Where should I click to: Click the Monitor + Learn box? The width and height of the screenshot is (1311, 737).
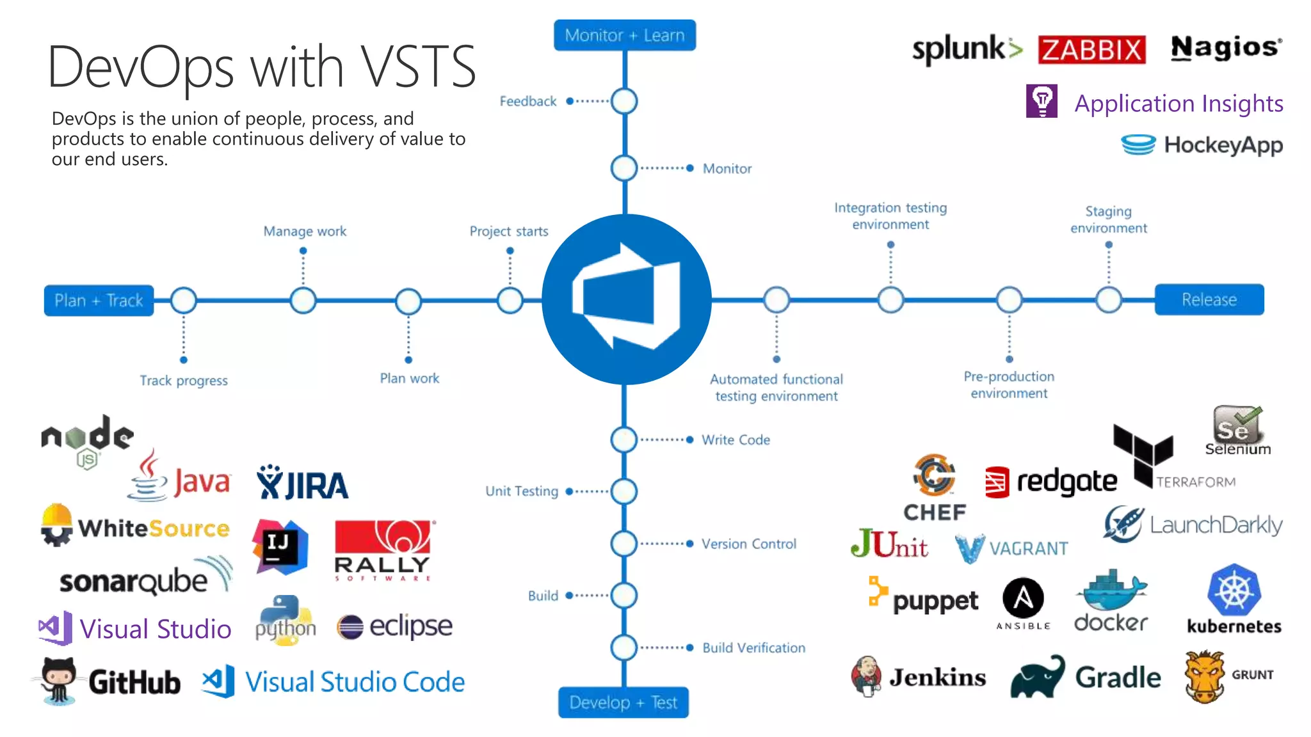[x=624, y=35]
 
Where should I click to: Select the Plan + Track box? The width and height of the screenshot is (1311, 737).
[x=99, y=301]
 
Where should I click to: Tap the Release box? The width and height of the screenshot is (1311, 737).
[x=1209, y=299]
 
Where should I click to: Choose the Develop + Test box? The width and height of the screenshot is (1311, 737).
[x=623, y=702]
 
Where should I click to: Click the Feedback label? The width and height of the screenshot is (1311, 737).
[x=528, y=101]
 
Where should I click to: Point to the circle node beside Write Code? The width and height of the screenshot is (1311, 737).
[x=623, y=440]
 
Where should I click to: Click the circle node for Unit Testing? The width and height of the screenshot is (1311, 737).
[x=623, y=491]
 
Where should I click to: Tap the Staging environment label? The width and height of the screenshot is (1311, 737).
[x=1108, y=219]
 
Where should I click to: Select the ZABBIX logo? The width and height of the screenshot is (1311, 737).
[x=1091, y=49]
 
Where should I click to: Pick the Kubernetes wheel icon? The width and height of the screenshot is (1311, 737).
[x=1234, y=590]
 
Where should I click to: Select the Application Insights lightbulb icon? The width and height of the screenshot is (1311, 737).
[x=1042, y=101]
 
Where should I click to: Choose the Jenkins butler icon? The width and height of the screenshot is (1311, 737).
[x=866, y=676]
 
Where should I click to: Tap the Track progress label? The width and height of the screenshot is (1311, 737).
[x=184, y=381]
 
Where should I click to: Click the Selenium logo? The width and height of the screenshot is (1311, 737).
[x=1237, y=431]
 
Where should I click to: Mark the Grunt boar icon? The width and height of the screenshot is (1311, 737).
[x=1204, y=676]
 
